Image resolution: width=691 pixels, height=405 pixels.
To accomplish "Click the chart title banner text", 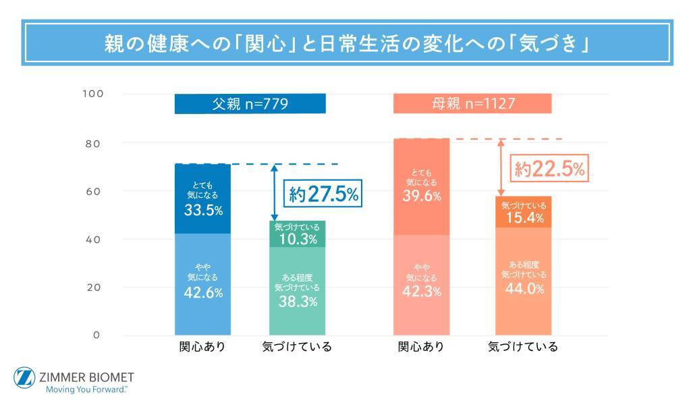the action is [x=346, y=43].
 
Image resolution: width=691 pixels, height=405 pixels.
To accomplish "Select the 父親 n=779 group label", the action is [x=250, y=103].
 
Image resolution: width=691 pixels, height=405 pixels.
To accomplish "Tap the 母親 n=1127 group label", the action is [x=472, y=103].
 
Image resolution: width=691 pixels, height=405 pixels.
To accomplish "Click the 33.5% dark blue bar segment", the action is [x=202, y=198].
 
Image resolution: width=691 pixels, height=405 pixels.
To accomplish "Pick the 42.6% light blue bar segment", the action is [x=202, y=284].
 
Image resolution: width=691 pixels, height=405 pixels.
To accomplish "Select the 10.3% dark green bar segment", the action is [x=298, y=234].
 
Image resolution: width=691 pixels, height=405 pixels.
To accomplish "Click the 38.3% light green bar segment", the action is [x=298, y=291].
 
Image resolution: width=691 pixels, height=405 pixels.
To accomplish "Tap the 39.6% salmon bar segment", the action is [x=421, y=187].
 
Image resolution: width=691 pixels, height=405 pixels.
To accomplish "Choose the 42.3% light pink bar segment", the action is [x=421, y=285].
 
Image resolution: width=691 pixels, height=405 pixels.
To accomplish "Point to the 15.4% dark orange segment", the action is [x=524, y=212].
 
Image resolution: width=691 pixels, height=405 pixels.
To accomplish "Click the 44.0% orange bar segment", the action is [x=524, y=281].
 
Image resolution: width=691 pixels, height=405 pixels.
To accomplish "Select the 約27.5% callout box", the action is [x=323, y=193].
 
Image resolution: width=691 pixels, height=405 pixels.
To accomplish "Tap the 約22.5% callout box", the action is [x=549, y=168].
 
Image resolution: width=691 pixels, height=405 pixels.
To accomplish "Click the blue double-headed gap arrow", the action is [x=275, y=192].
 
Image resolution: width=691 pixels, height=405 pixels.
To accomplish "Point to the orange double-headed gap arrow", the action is [x=501, y=167].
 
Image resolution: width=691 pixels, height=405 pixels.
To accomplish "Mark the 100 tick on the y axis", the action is [x=93, y=94].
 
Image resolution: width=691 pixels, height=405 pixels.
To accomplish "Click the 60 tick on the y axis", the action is [x=93, y=192].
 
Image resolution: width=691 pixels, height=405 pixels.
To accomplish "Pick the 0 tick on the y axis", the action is [x=96, y=335].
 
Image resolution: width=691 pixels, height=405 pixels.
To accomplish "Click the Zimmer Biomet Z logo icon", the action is [x=24, y=378].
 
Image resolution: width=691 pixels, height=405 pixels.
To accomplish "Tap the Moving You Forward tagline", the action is [x=87, y=389].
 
